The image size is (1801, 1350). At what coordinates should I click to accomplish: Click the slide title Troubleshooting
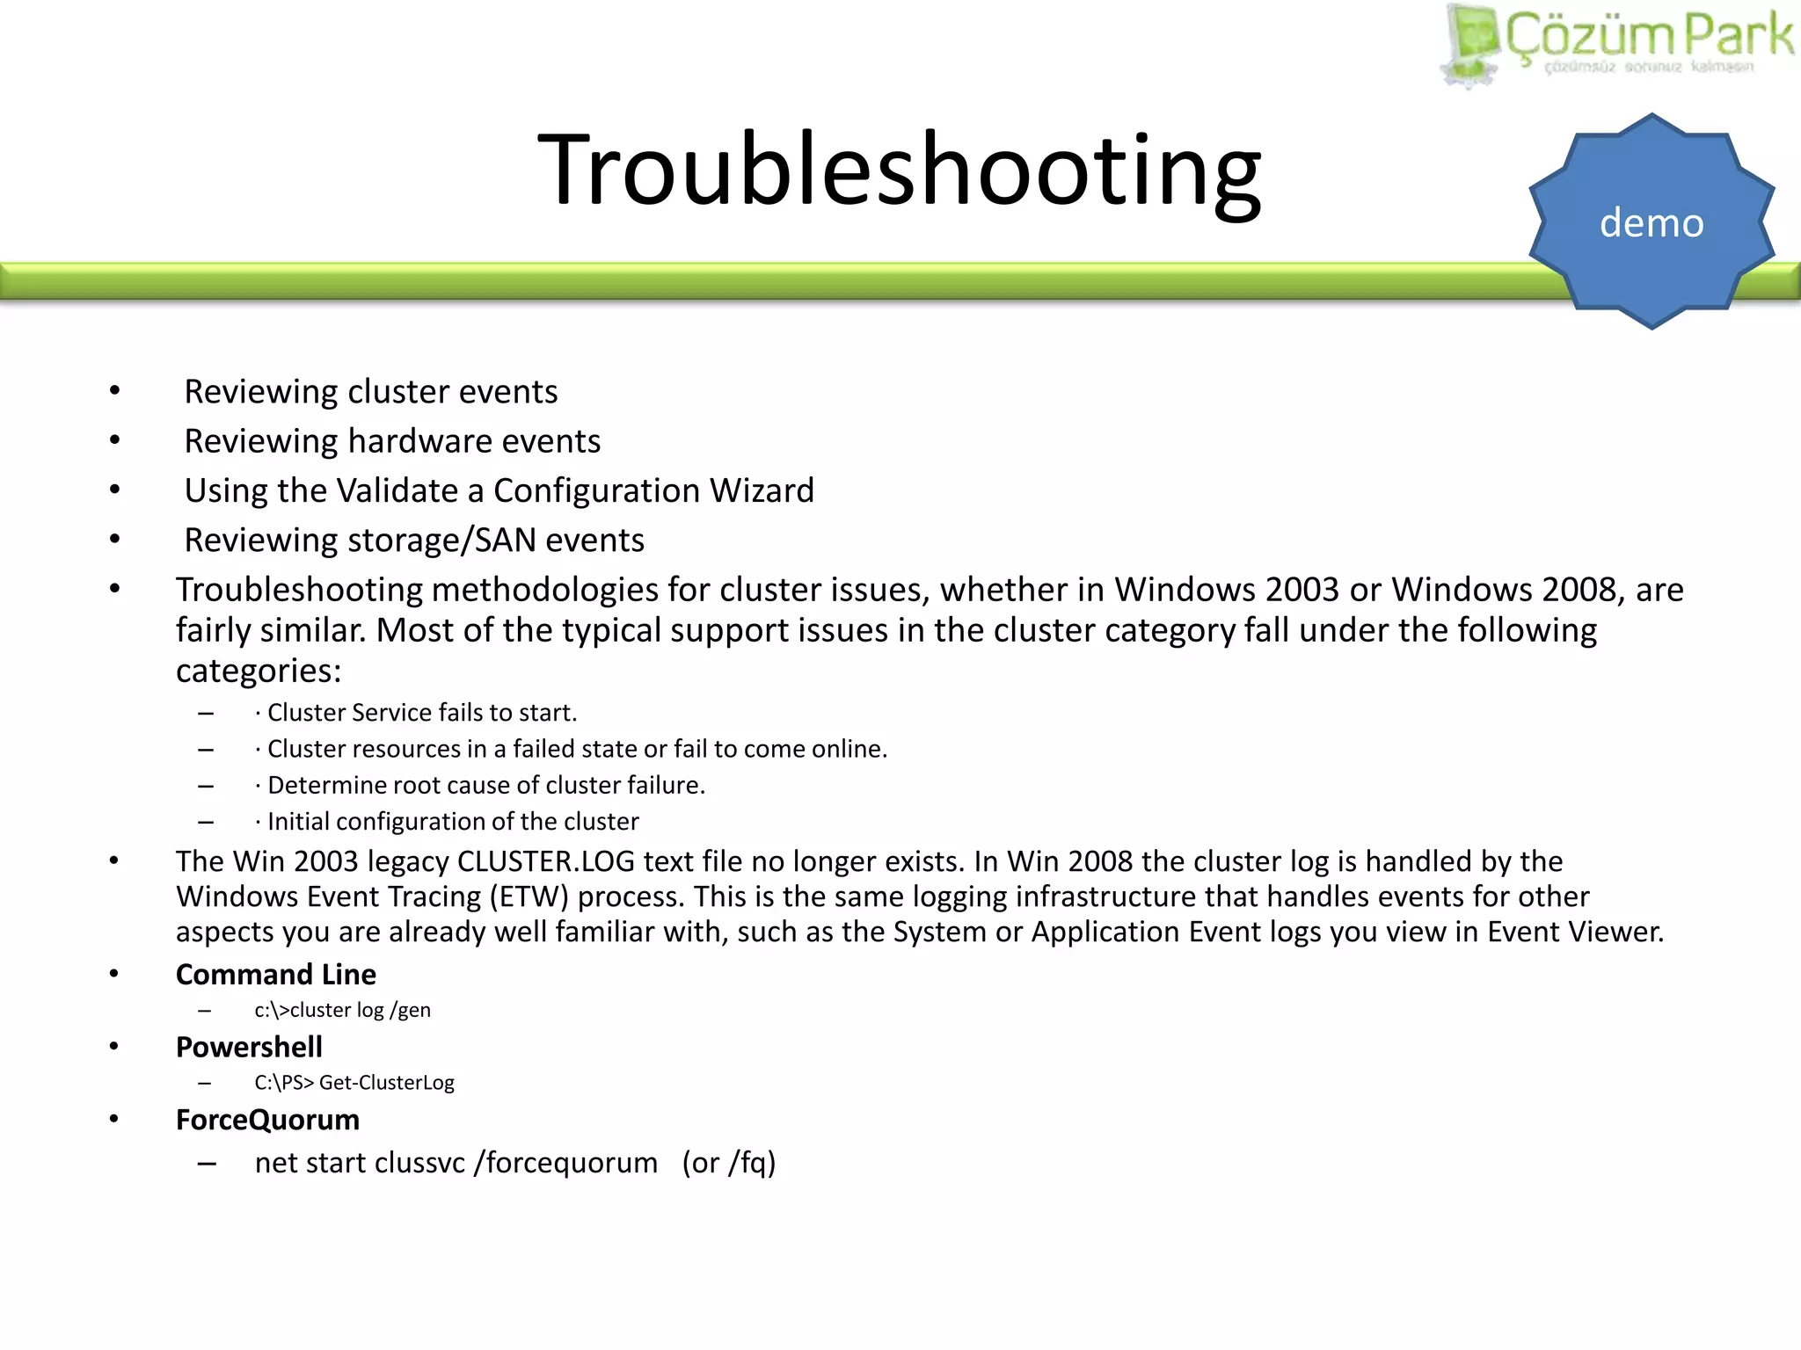(899, 169)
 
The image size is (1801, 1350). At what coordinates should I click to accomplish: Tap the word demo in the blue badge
(1652, 223)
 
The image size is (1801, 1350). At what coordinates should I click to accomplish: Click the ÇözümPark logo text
(1649, 37)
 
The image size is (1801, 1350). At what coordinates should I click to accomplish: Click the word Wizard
(762, 490)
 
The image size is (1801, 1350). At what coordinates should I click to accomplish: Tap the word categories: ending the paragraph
(259, 671)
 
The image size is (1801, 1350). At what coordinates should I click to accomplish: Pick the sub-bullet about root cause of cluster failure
(486, 785)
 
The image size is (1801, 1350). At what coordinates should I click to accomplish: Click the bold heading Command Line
(276, 975)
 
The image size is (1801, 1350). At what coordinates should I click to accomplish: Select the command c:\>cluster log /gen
(343, 1011)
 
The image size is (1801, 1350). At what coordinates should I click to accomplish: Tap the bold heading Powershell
(249, 1048)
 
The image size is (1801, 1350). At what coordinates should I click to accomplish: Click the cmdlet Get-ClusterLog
(387, 1083)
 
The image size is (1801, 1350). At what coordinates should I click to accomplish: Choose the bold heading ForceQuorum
(267, 1121)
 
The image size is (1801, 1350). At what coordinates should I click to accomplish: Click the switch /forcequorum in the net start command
(565, 1164)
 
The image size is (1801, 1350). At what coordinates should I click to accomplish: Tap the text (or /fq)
(729, 1164)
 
